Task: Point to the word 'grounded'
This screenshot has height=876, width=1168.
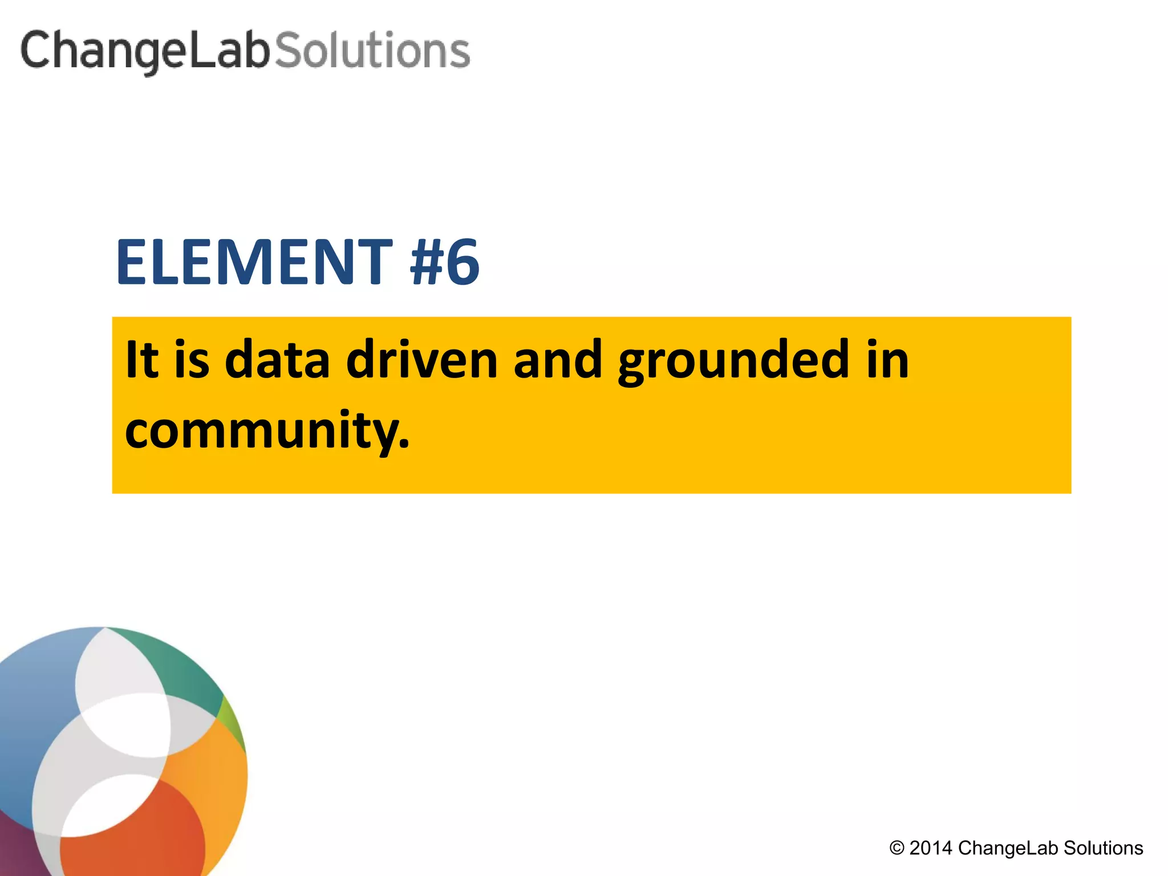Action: point(733,360)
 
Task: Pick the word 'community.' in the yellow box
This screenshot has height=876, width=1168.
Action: point(267,431)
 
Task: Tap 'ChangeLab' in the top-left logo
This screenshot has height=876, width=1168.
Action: point(145,51)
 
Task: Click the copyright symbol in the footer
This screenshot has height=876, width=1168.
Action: point(897,848)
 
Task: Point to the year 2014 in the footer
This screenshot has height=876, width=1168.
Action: point(931,848)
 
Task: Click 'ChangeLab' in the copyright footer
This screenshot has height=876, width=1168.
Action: point(1008,848)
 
